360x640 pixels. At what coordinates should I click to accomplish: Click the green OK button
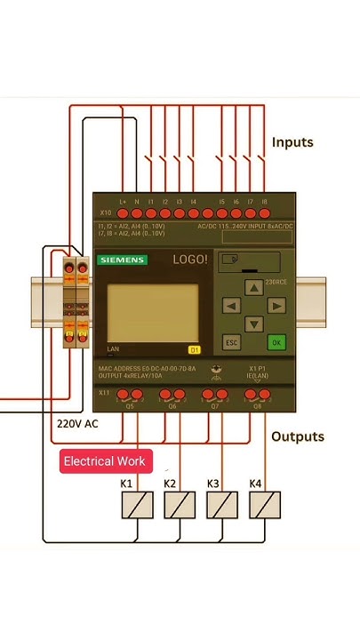point(276,341)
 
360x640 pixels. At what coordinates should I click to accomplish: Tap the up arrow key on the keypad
point(254,286)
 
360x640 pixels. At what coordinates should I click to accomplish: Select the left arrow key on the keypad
point(231,306)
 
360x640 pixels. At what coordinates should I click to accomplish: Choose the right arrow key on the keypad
point(276,306)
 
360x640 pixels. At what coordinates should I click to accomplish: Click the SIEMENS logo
point(123,260)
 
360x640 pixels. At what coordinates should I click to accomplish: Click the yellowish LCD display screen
point(152,313)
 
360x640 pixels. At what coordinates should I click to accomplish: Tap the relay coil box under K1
point(137,505)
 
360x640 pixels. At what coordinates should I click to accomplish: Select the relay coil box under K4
point(266,505)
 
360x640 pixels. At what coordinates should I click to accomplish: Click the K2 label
point(170,484)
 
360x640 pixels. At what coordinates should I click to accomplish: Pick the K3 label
point(213,484)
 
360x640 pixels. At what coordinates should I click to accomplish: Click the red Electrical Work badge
point(105,461)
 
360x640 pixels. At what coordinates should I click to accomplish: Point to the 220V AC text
point(77,424)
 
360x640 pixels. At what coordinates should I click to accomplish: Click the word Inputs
point(292,142)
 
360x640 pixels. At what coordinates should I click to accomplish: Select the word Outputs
point(297,436)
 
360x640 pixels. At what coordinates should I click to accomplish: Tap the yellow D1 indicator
point(195,349)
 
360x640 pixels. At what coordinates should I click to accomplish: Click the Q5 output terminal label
point(130,405)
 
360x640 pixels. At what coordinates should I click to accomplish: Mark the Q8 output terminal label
point(258,405)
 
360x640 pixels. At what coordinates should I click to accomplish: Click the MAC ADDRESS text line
point(146,368)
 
